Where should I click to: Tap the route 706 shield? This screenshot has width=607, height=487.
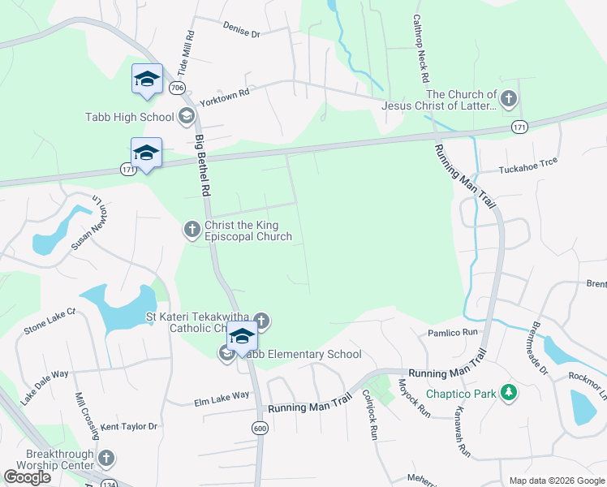[x=179, y=87]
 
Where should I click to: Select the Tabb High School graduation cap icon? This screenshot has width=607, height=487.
[x=187, y=116]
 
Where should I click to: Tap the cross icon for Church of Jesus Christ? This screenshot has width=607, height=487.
[x=509, y=99]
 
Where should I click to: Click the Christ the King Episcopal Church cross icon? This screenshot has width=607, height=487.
[x=192, y=231]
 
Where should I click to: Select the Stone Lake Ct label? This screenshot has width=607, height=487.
[x=49, y=321]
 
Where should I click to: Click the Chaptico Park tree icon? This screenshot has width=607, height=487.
[x=509, y=394]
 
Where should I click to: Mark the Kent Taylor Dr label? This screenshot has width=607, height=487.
[x=129, y=425]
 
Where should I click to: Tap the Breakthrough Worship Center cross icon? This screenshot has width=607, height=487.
[x=105, y=459]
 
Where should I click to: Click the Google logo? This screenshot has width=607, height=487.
[x=28, y=477]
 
